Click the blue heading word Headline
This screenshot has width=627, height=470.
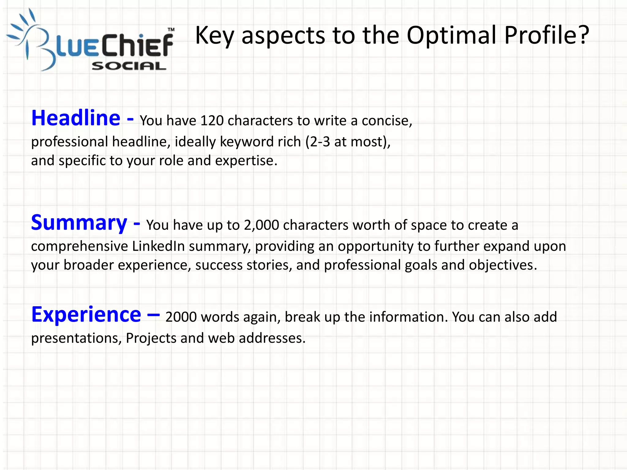76,118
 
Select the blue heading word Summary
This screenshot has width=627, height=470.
79,223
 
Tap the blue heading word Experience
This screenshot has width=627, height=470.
86,315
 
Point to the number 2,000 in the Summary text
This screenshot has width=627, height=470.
261,225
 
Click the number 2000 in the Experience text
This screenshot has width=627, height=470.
181,317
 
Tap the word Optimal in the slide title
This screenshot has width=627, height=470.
452,35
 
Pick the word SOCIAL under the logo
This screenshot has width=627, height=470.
129,66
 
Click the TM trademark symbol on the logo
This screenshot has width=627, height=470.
171,30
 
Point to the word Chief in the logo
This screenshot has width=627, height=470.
137,46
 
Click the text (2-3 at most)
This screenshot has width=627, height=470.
348,142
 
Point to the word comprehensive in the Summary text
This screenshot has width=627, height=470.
79,246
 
